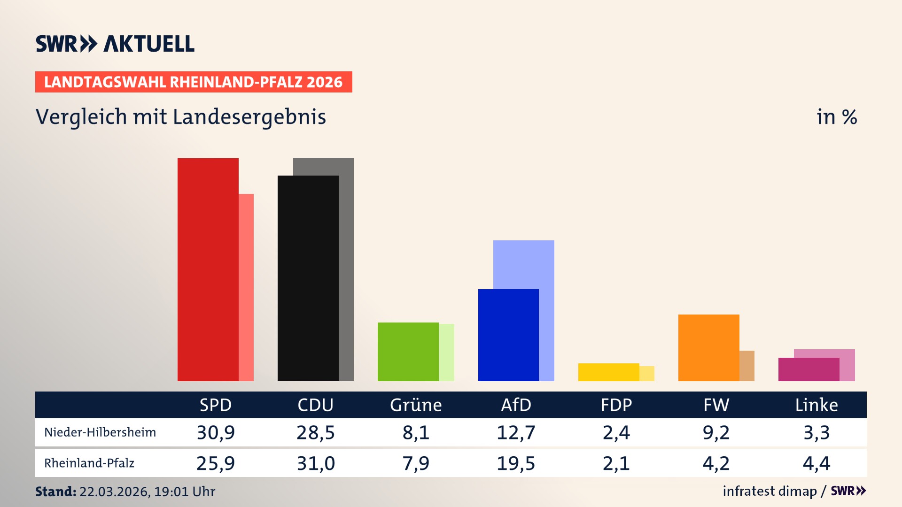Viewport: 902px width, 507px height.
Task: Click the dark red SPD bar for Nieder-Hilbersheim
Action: (x=208, y=269)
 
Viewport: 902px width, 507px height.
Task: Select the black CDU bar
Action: (x=308, y=278)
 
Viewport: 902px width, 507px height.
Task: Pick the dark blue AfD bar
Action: (x=508, y=335)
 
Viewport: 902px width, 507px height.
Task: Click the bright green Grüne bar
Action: (x=408, y=352)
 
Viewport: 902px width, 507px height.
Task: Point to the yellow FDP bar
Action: (x=608, y=372)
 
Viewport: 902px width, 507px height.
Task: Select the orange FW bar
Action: (x=708, y=347)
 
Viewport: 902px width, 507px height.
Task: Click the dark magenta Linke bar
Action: (x=809, y=369)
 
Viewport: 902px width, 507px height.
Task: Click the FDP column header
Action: (x=616, y=405)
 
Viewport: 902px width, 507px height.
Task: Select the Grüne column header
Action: (x=416, y=405)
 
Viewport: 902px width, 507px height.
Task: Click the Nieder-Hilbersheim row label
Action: (x=100, y=432)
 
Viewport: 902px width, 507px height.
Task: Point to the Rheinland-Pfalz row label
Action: (x=89, y=463)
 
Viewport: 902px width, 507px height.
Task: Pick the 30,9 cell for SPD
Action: (x=216, y=432)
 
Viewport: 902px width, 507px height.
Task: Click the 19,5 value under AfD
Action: (x=516, y=463)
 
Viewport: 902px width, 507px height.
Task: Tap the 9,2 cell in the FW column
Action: (x=716, y=432)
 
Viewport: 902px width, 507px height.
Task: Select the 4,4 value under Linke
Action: (x=816, y=463)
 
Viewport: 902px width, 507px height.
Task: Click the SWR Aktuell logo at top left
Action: (x=115, y=44)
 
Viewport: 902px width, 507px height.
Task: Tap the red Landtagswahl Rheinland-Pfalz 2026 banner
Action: (x=194, y=82)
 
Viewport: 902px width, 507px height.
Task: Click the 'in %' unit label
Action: (x=836, y=117)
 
